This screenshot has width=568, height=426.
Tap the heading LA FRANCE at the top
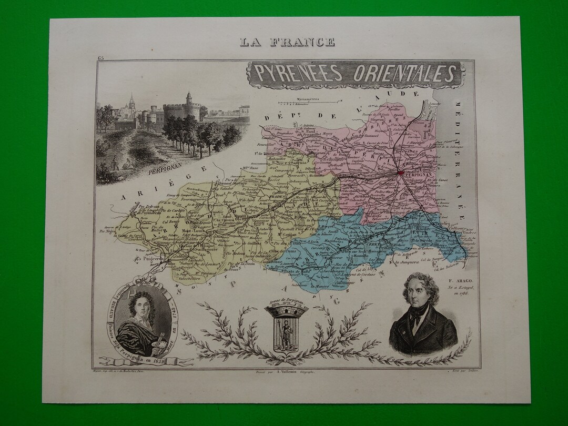(287, 42)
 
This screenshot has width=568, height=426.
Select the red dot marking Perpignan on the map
(401, 172)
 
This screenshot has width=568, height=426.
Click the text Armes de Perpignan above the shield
(286, 300)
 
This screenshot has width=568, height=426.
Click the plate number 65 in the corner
(100, 57)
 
